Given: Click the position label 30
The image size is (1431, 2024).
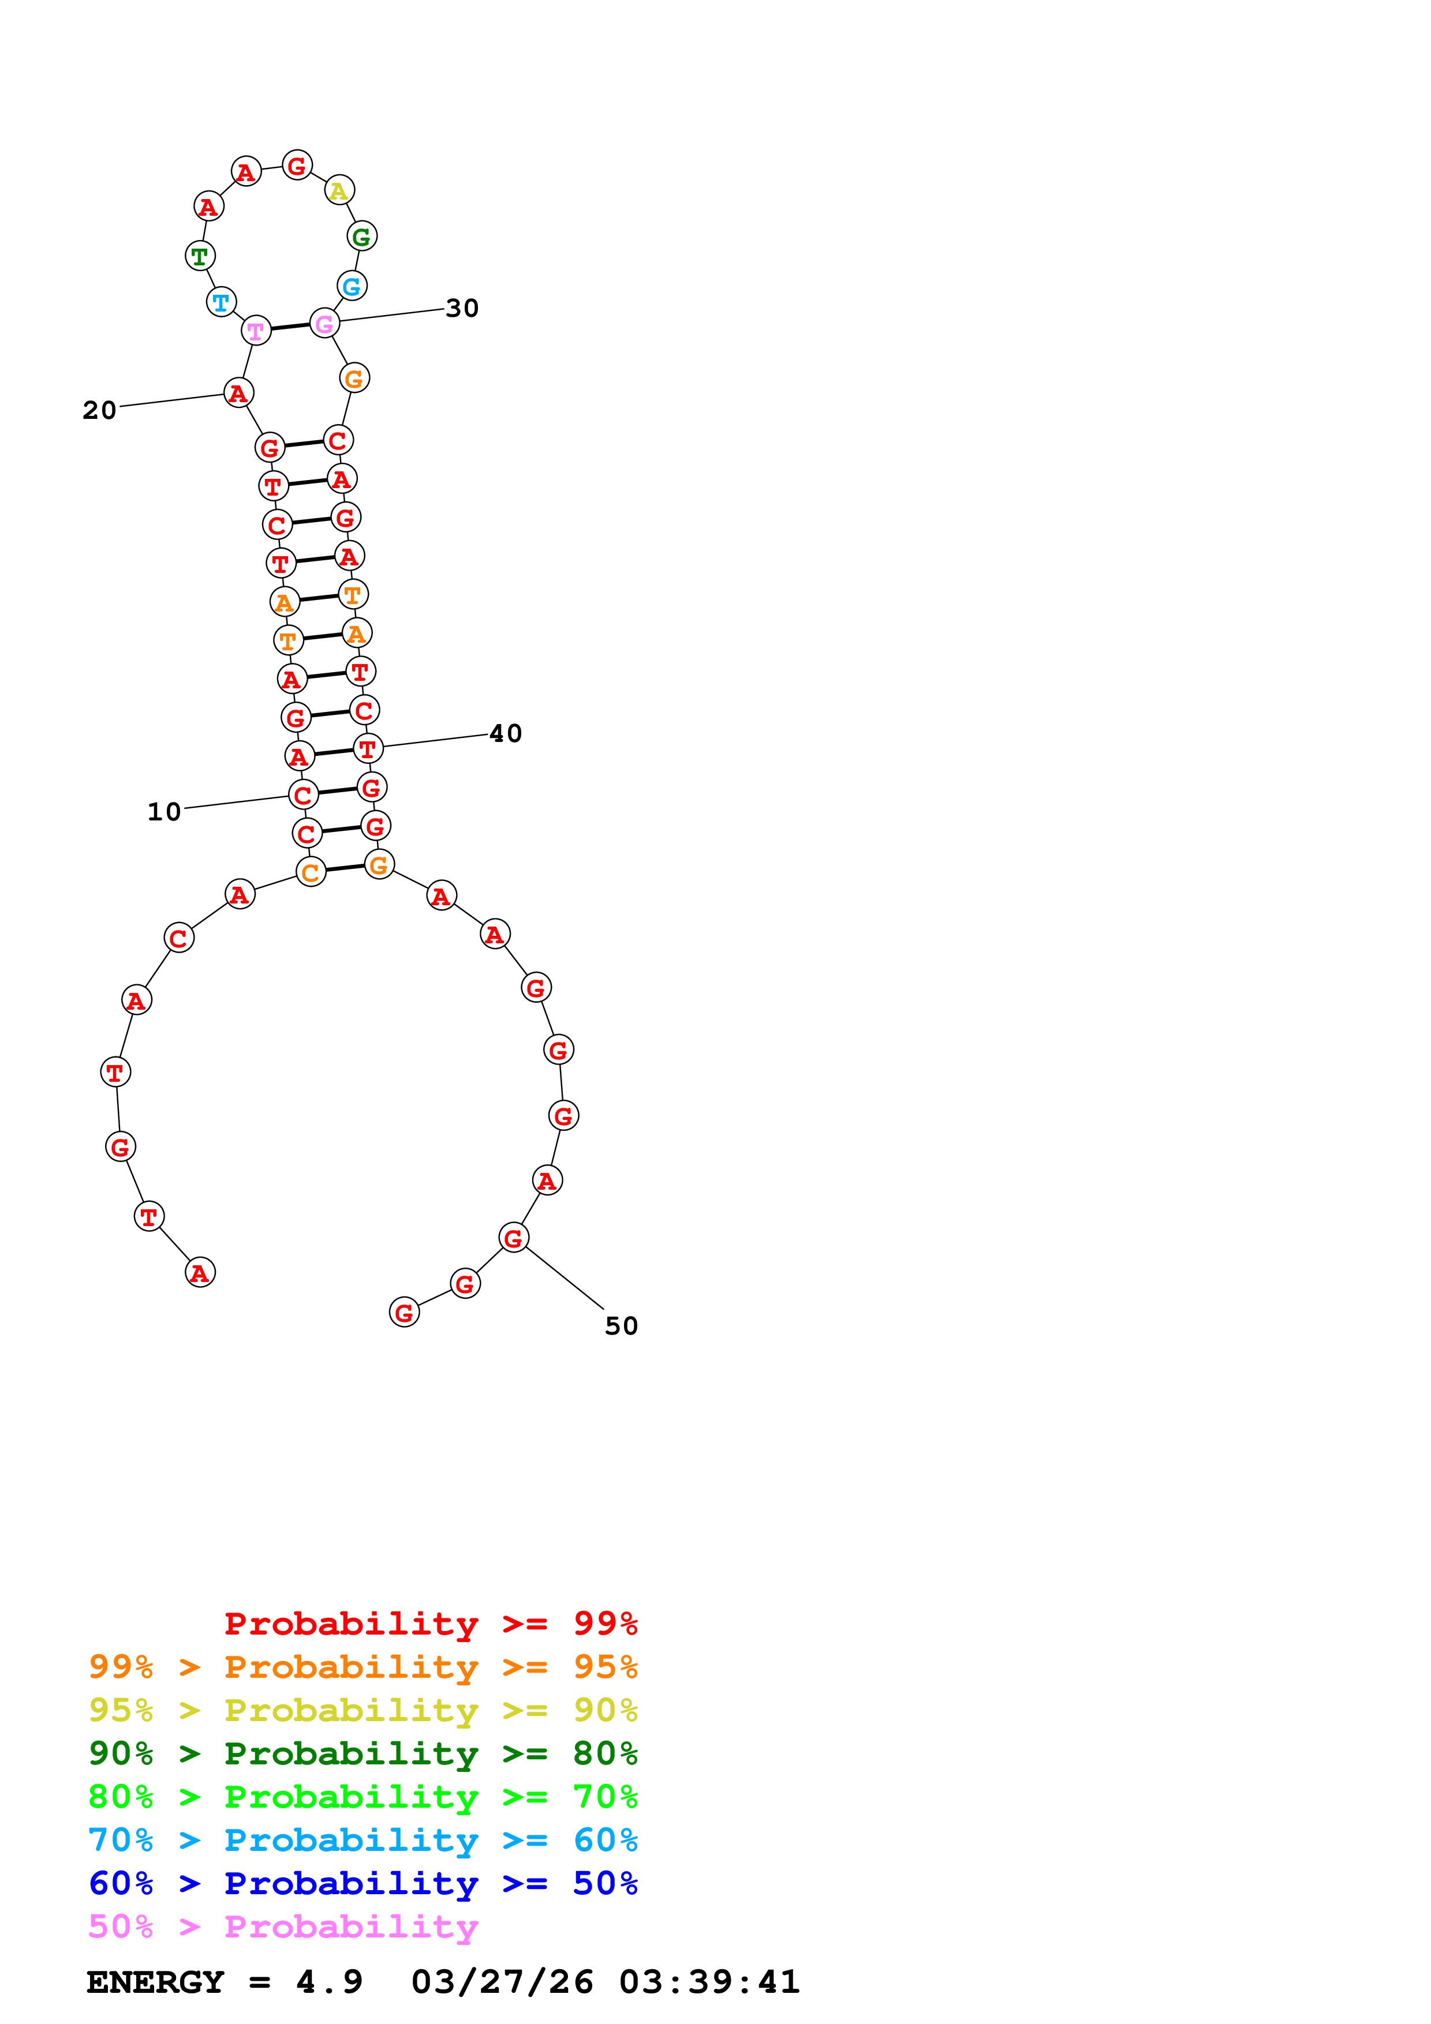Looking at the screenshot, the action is (x=462, y=309).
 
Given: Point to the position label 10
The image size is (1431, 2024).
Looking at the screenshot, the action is (x=164, y=811).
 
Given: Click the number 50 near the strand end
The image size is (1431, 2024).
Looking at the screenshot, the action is (x=621, y=1326).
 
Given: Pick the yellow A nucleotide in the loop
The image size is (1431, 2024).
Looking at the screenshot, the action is (x=339, y=190).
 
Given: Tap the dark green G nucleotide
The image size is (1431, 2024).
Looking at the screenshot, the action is (x=361, y=236).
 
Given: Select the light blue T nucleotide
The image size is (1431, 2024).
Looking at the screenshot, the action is (x=221, y=302).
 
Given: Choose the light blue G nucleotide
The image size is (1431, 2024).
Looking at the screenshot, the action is (x=352, y=287).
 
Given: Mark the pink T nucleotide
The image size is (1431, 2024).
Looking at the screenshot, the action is (x=256, y=331).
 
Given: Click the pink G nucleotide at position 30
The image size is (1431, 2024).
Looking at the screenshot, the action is (x=324, y=324).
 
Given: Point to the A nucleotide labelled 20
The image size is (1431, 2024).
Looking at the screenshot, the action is (x=238, y=393).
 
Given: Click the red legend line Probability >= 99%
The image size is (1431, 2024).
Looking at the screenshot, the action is (x=430, y=1624).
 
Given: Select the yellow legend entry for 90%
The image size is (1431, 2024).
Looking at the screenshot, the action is (x=363, y=1710).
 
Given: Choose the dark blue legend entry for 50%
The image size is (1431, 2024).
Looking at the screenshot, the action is (x=363, y=1883).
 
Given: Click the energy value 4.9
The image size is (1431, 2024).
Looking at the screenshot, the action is (x=329, y=1982).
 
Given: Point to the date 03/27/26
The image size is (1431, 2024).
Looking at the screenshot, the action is (x=502, y=1982).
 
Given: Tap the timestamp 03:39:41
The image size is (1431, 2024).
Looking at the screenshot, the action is (x=709, y=1982).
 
